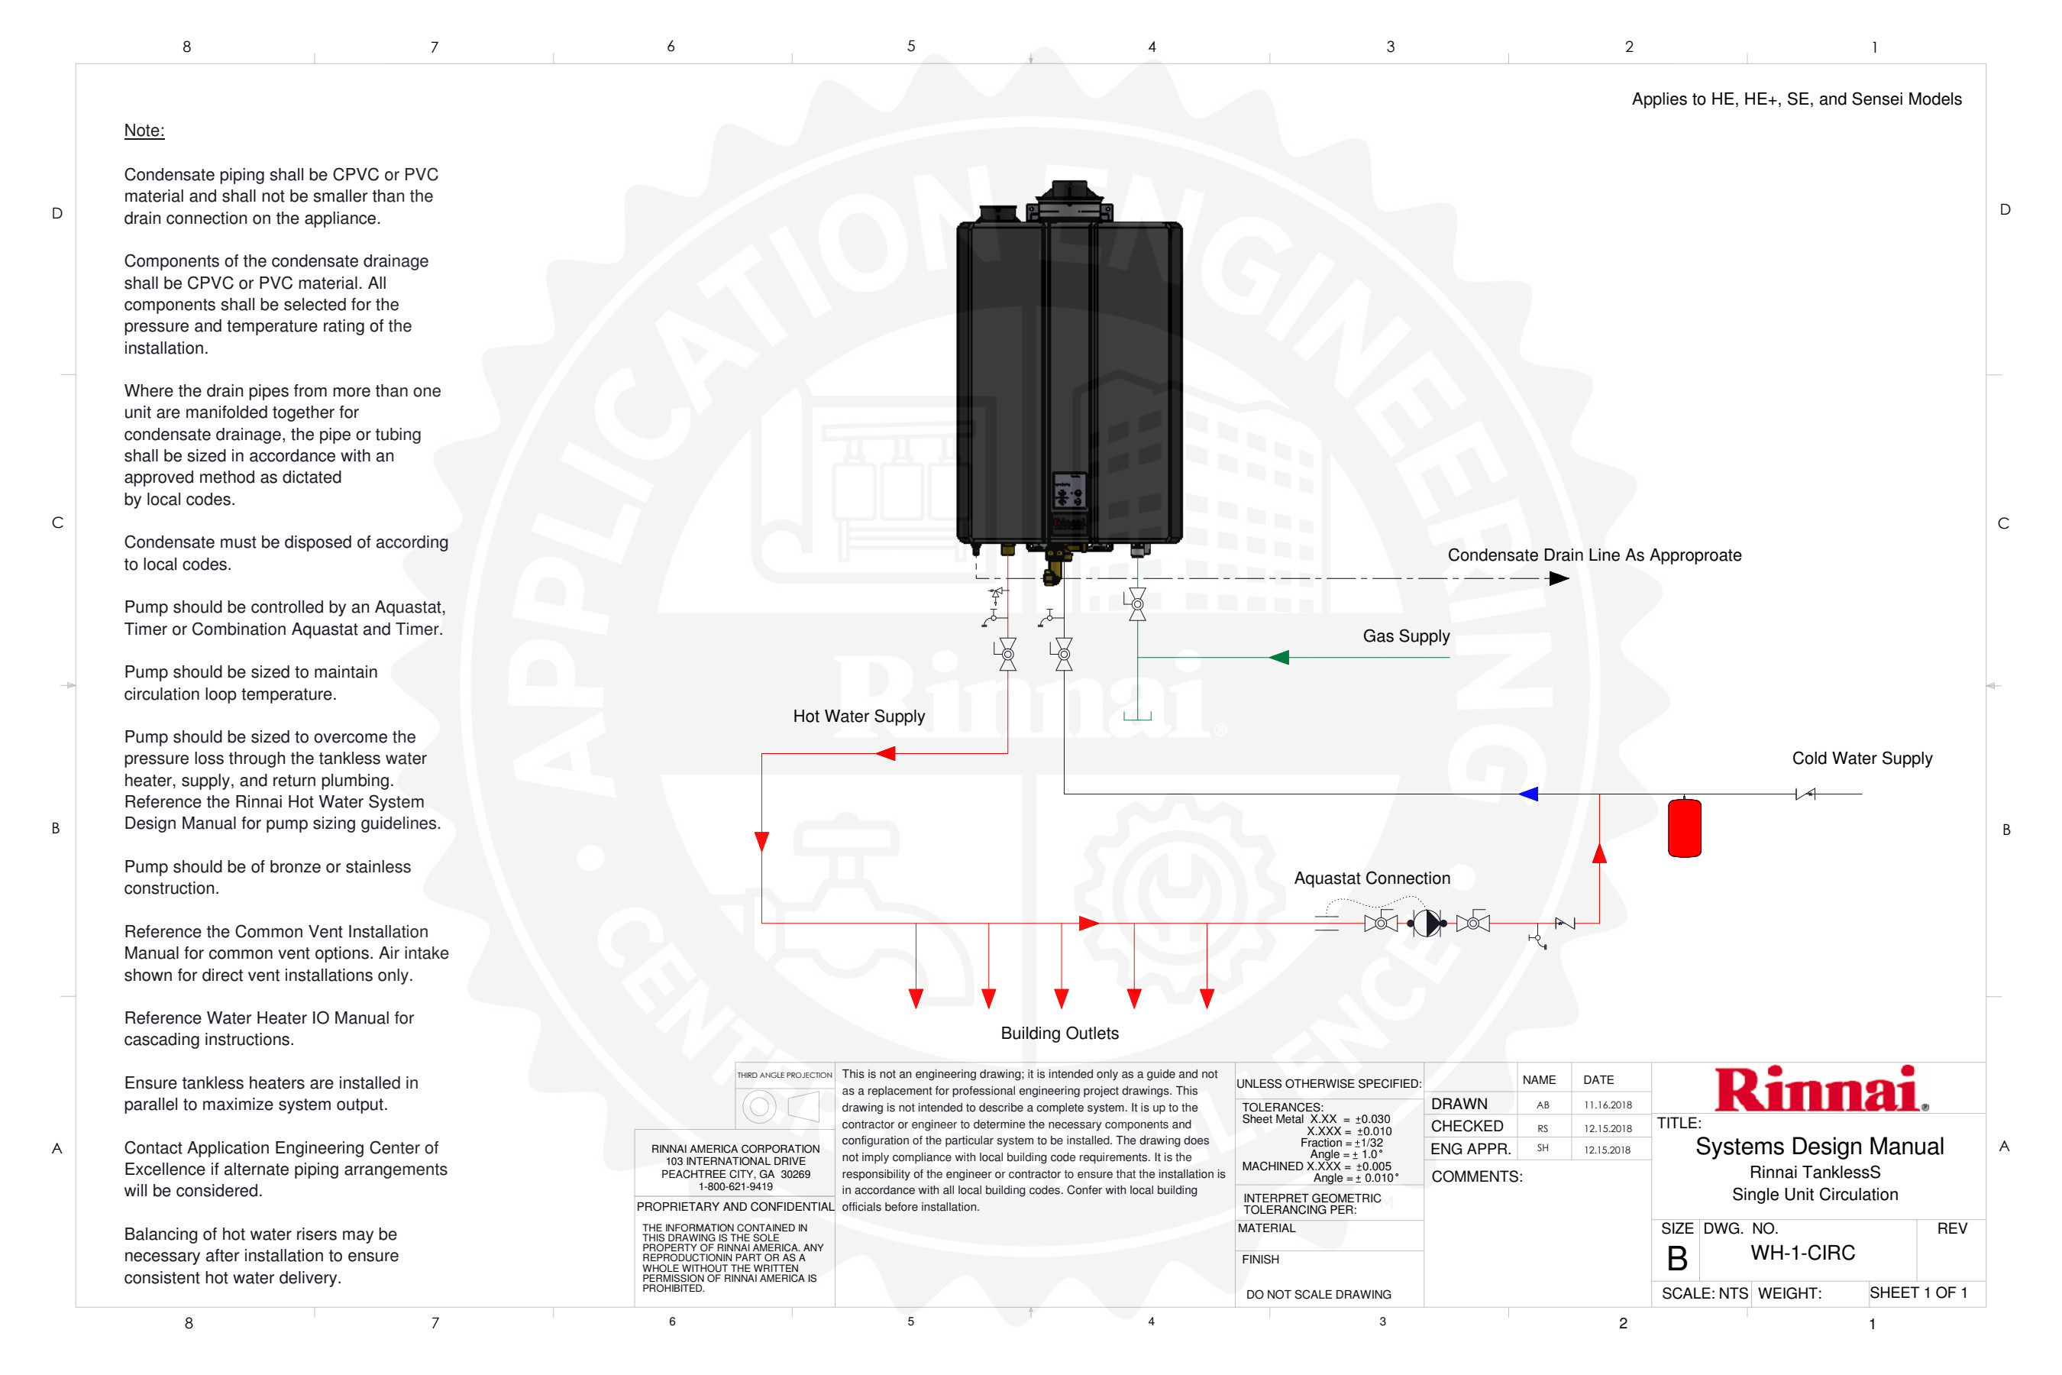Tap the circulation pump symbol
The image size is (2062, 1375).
(1427, 923)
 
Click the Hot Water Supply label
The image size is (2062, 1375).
(858, 717)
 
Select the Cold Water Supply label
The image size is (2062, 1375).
(1861, 759)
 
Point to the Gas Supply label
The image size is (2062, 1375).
(1405, 636)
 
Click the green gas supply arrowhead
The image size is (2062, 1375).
(1279, 657)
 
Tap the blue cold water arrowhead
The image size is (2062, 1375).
(1528, 794)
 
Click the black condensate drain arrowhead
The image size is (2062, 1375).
(1558, 578)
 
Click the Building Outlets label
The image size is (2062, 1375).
(1059, 1033)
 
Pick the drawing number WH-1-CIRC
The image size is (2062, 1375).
(1802, 1252)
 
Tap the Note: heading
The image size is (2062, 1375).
(144, 131)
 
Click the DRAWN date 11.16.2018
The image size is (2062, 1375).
(1607, 1105)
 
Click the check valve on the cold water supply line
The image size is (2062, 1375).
(1805, 794)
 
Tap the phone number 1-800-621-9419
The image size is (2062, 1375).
(735, 1186)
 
